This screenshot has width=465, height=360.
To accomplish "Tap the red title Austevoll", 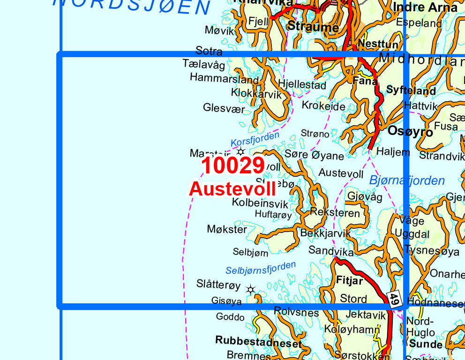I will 232,188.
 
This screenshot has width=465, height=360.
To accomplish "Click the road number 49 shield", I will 394,299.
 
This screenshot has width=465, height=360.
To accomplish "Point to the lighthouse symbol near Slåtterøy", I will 251,290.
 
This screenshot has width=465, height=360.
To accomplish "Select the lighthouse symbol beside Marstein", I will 241,151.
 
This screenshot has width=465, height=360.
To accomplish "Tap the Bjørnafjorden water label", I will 407,180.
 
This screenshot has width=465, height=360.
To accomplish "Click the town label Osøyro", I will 410,132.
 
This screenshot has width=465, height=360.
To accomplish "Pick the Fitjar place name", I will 350,281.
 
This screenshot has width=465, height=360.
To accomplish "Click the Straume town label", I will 313,27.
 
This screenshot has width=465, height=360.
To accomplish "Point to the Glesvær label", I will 224,108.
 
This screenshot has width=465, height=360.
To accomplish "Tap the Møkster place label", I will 227,229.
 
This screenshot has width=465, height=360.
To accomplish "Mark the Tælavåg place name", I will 203,65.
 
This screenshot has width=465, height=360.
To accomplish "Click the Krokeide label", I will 323,106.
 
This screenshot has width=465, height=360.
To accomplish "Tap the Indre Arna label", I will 425,7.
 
